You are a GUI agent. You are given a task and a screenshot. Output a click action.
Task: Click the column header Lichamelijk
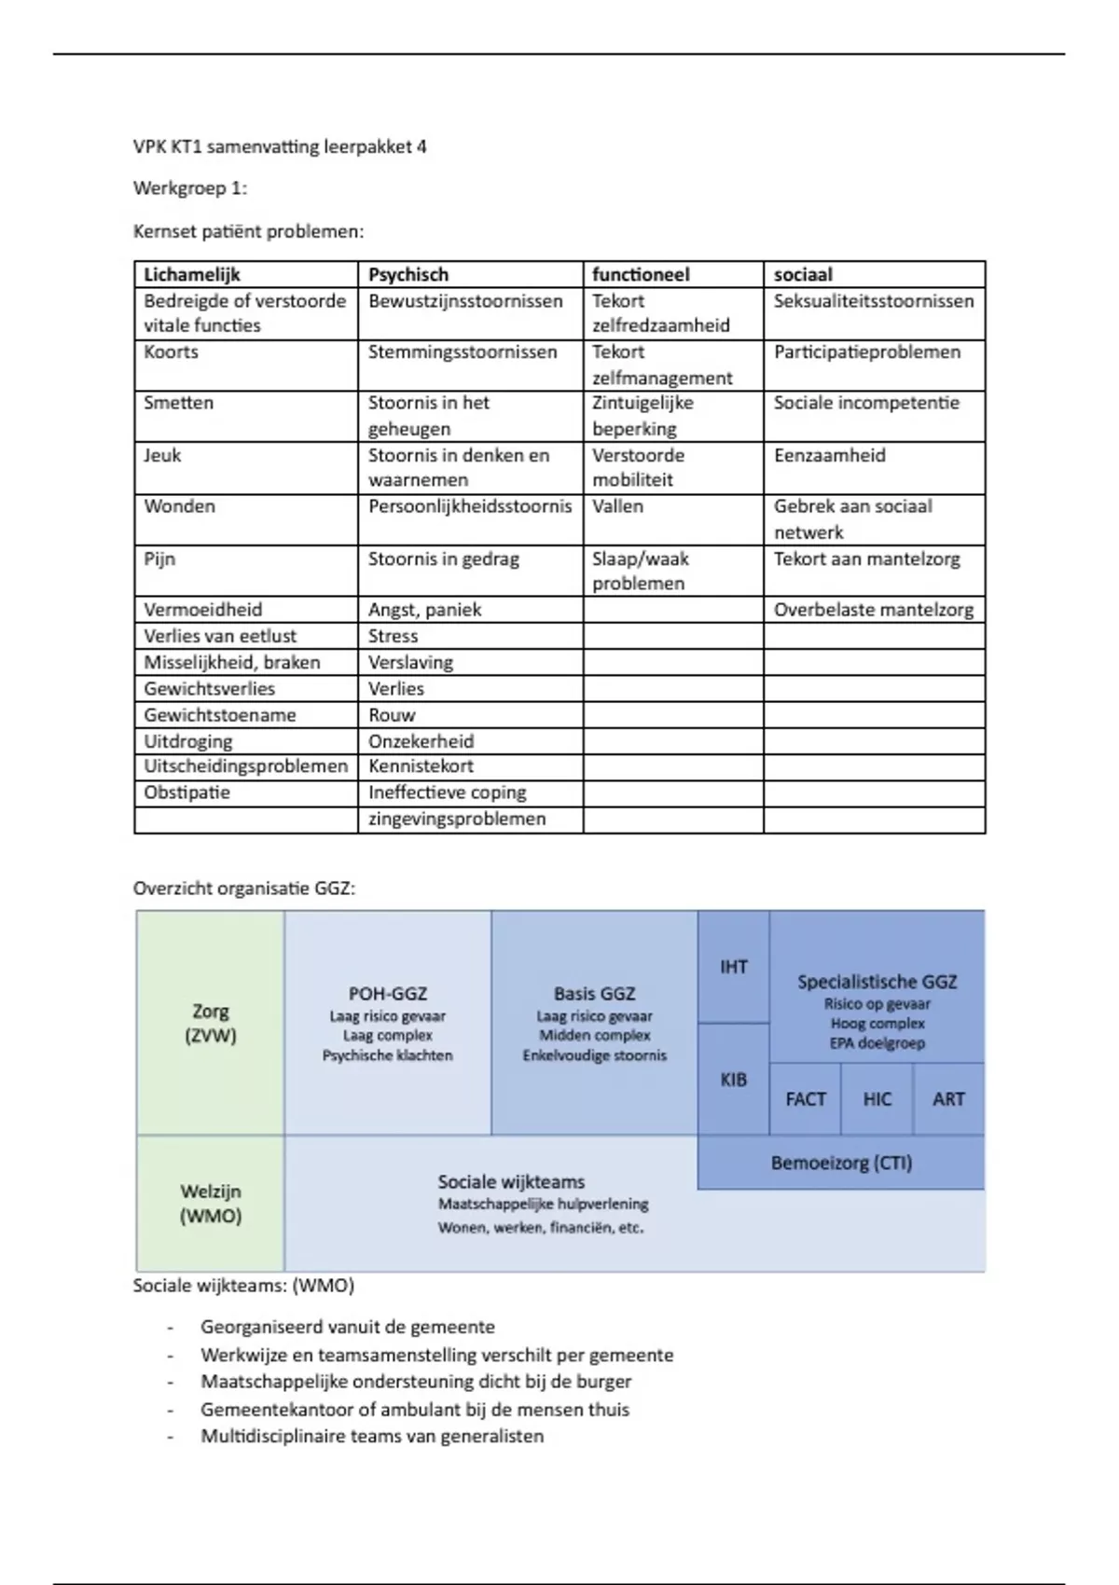[192, 274]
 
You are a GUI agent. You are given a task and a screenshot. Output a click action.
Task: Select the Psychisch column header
[408, 274]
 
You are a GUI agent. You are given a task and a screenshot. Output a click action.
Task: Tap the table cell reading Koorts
[172, 352]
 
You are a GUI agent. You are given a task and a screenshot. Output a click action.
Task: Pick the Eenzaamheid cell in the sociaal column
[829, 455]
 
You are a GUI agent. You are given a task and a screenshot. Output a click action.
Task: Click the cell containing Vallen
[617, 506]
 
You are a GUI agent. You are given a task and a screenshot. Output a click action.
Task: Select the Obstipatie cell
[186, 792]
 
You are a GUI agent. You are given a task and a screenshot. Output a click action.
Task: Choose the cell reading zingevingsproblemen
[457, 819]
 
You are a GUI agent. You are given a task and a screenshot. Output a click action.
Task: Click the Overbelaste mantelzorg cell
[874, 610]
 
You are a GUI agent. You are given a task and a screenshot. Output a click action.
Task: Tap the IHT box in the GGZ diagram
[734, 967]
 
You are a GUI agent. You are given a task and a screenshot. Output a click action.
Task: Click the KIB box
[734, 1080]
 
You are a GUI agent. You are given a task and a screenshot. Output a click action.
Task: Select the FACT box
[806, 1099]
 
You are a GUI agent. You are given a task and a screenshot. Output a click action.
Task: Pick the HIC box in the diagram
[877, 1099]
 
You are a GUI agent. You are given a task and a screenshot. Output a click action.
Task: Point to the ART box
[948, 1099]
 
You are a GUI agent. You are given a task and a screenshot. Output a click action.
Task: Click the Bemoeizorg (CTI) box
[841, 1163]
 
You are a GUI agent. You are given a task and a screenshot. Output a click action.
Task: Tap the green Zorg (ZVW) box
[211, 1023]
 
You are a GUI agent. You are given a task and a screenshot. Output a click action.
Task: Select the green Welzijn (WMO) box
[211, 1203]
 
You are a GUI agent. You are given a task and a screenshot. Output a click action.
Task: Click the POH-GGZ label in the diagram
[388, 994]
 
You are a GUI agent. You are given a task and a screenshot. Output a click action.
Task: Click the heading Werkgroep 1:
[190, 188]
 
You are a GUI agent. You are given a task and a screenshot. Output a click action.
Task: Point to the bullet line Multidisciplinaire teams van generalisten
[372, 1436]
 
